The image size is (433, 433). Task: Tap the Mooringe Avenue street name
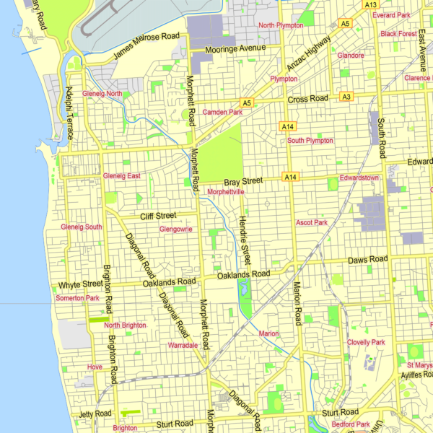235,49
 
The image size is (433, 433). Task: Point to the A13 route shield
371,4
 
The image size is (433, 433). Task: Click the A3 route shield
346,97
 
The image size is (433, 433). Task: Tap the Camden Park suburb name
222,113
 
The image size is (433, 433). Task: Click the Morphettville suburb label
231,192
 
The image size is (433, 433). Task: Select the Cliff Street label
157,215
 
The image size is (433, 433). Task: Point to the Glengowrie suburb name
176,229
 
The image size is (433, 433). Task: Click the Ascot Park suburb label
312,223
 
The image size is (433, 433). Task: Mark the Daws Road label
367,259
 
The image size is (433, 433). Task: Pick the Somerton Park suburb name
76,298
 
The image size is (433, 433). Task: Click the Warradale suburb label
183,346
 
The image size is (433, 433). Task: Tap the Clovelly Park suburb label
366,342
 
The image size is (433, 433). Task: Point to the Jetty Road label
95,414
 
